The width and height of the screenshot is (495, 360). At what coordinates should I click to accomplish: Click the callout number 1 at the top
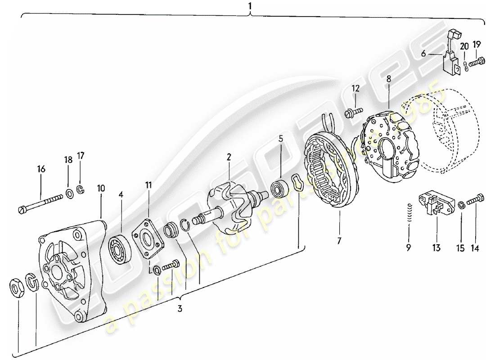250,6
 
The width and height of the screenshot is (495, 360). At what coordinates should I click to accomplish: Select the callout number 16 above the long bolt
41,169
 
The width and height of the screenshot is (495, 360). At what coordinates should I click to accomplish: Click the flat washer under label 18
70,194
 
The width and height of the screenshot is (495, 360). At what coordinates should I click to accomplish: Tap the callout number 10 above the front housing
100,188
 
